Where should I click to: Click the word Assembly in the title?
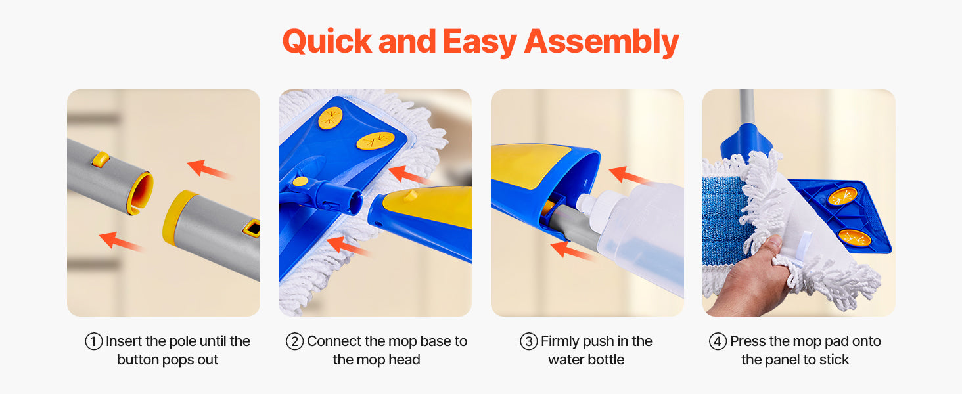(602, 42)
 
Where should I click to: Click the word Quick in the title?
(327, 41)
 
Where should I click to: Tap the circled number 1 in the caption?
(93, 341)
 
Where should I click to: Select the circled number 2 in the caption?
(294, 341)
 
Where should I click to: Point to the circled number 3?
(529, 341)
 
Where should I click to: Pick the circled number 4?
(718, 341)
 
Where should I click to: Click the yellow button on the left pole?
(101, 159)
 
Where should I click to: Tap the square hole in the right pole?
(252, 228)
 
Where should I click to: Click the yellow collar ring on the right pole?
(176, 217)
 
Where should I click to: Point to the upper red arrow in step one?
(209, 169)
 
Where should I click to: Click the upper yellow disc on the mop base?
(331, 118)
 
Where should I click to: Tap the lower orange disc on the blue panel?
(855, 238)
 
